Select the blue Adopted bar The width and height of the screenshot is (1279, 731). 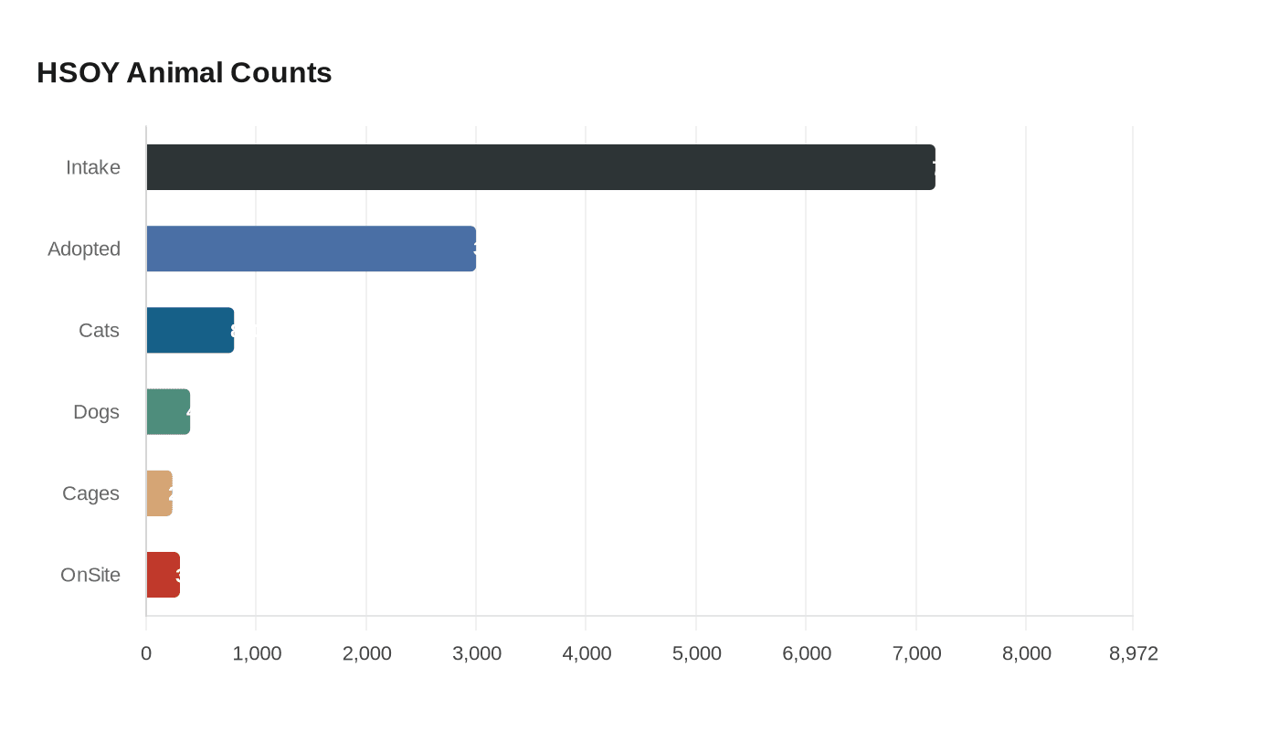coord(311,249)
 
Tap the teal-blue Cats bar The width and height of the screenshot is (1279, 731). coord(190,330)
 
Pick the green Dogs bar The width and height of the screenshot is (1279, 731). coord(168,412)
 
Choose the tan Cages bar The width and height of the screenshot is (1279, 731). coord(159,493)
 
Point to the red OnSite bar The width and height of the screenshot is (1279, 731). coord(163,575)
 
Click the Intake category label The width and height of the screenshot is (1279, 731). coord(93,167)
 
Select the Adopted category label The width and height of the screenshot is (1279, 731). coord(84,249)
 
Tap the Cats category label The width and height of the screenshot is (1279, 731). coord(99,330)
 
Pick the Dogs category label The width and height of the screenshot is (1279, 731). coord(96,412)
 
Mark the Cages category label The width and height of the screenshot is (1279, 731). coord(90,493)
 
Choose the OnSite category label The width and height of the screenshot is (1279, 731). coord(90,575)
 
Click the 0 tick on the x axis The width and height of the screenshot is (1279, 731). coord(146,653)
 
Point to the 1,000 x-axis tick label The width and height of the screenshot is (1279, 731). coord(256,653)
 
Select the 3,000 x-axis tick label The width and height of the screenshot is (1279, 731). coord(476,653)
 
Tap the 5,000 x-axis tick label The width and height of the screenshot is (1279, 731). coord(696,653)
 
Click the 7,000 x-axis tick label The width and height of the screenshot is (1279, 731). coord(916,653)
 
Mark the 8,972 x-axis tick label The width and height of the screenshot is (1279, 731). coord(1133,653)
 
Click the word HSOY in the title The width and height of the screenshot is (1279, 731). coord(78,72)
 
